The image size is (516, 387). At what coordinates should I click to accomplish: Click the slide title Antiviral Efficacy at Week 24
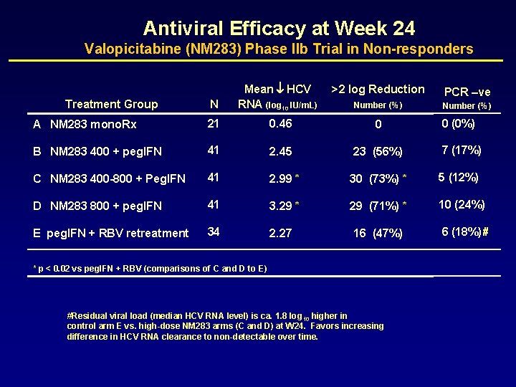279,29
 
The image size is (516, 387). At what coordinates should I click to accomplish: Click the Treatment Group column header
111,105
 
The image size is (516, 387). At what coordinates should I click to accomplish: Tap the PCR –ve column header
467,92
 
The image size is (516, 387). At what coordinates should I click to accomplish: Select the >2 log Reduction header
378,90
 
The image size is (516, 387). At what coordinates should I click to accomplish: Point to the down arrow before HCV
280,90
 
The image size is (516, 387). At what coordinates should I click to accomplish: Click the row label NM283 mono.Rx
93,124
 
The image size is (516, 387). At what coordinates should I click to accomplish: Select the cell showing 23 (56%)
377,152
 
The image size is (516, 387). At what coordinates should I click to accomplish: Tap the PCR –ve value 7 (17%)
461,150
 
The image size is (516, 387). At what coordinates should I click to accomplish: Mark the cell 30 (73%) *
378,178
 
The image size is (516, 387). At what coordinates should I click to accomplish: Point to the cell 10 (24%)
462,204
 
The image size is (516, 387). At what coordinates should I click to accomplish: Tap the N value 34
214,231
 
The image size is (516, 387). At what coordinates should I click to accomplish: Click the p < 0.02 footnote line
150,269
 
